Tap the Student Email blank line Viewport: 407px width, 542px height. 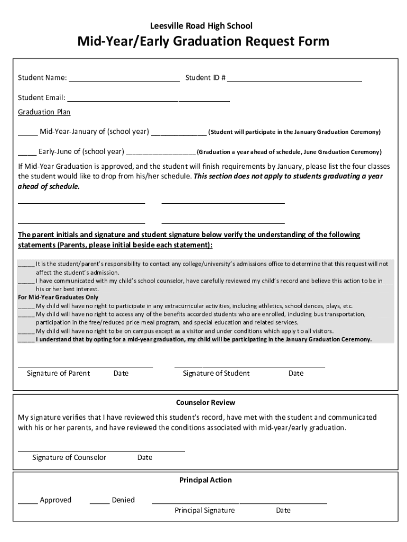coord(149,98)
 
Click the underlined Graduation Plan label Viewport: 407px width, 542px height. coord(44,112)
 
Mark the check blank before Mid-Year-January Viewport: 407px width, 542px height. coord(27,132)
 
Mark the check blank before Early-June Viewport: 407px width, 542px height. coord(27,152)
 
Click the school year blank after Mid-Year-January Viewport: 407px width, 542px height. coord(179,132)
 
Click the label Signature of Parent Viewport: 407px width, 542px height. coord(58,373)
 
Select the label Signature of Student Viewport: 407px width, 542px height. coord(216,373)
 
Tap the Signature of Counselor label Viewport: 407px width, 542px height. coord(69,457)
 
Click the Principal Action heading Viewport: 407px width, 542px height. coord(206,480)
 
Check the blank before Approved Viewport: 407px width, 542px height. coord(27,501)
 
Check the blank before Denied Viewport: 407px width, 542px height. coord(99,501)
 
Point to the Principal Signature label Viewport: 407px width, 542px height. coord(205,511)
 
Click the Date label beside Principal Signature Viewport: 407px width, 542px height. coord(283,511)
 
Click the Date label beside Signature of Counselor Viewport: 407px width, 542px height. coord(145,457)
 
